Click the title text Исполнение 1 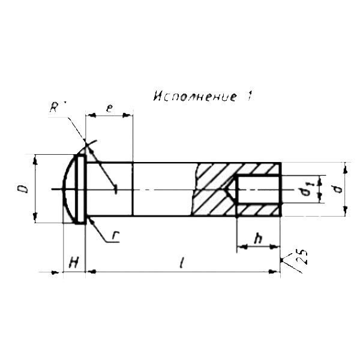(x=203, y=97)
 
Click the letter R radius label (x=54, y=107)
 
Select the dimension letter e (x=110, y=108)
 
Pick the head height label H (x=74, y=263)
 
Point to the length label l (x=181, y=263)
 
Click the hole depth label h (x=258, y=239)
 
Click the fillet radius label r (x=115, y=238)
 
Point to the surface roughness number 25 (x=302, y=257)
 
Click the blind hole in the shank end (x=258, y=190)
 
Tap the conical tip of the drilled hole (x=231, y=190)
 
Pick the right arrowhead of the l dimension (x=274, y=272)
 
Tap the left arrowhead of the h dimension (x=242, y=247)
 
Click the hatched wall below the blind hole (x=258, y=209)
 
